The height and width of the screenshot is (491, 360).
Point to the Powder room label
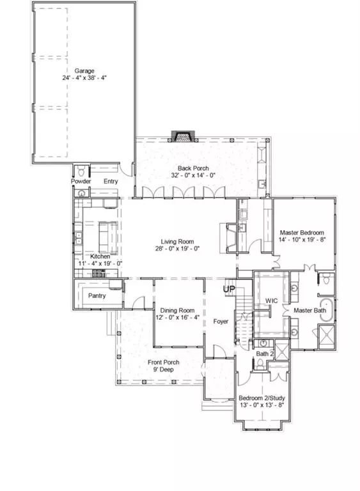(x=81, y=182)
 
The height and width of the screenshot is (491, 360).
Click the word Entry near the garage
(x=111, y=182)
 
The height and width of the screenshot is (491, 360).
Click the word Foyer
(x=221, y=322)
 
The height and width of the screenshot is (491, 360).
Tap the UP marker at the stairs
(x=229, y=290)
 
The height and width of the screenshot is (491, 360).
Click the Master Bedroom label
(x=302, y=233)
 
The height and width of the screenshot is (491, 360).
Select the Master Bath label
(x=310, y=311)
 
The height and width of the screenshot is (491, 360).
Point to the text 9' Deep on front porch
(x=164, y=370)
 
